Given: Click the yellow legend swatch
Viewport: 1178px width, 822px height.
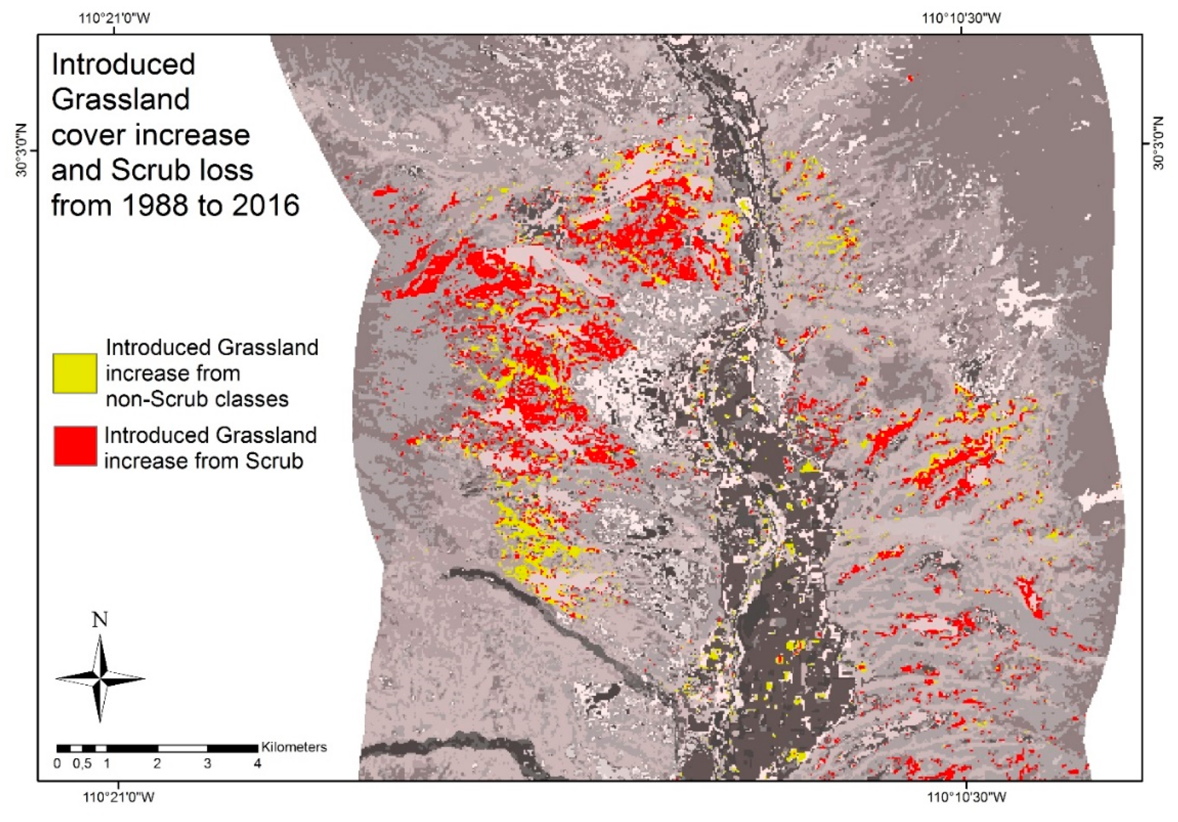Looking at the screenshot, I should pyautogui.click(x=75, y=373).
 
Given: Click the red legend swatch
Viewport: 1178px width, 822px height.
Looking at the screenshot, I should pyautogui.click(x=75, y=446).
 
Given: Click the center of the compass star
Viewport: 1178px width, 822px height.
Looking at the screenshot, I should pyautogui.click(x=100, y=679).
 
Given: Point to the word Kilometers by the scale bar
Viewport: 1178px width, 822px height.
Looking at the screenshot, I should pyautogui.click(x=294, y=746).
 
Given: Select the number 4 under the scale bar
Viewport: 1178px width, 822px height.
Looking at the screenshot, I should pyautogui.click(x=258, y=763).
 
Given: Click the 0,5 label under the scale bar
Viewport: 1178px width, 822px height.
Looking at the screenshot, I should pyautogui.click(x=82, y=763).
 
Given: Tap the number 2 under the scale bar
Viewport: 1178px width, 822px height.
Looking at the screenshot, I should pyautogui.click(x=157, y=763).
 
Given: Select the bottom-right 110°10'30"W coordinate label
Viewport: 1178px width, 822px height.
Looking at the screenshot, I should pyautogui.click(x=967, y=798).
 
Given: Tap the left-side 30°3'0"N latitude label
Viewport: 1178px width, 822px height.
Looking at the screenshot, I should pyautogui.click(x=23, y=150).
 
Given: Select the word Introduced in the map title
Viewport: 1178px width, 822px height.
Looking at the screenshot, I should pyautogui.click(x=123, y=65).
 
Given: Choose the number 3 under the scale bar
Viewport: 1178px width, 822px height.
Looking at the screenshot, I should pyautogui.click(x=207, y=763).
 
